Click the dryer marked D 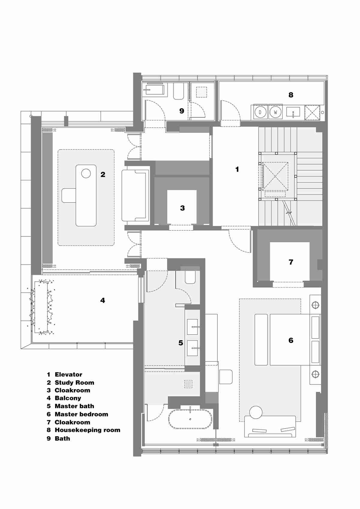(260, 112)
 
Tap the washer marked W (275, 112)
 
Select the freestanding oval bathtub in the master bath (190, 419)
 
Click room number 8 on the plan (291, 95)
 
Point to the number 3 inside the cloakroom (182, 208)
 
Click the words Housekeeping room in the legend (87, 430)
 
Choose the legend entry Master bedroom (81, 414)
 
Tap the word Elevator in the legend (68, 375)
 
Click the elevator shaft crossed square (275, 176)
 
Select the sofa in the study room (136, 195)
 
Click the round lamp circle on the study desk (86, 173)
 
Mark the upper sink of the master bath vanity (193, 327)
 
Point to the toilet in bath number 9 (178, 91)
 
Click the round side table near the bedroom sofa (256, 412)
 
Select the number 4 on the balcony (103, 300)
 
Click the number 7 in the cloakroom (291, 262)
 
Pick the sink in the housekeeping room (293, 112)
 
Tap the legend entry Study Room (74, 383)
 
